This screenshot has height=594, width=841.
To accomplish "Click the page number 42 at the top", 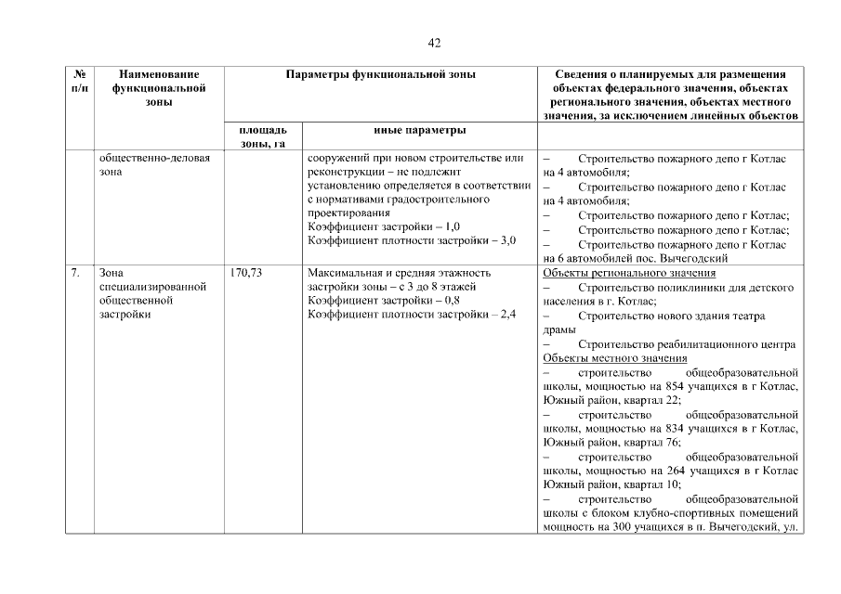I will click(434, 43).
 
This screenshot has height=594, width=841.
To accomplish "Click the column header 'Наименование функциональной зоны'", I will click(158, 87).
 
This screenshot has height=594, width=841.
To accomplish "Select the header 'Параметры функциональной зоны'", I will click(381, 73).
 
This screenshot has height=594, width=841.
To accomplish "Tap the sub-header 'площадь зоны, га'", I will click(250, 136).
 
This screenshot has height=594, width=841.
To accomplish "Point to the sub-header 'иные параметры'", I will click(419, 130).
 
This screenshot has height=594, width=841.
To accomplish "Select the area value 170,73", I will click(245, 274).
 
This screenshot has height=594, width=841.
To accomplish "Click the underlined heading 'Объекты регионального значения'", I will click(628, 274).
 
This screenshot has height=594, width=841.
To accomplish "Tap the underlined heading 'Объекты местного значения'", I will click(613, 358).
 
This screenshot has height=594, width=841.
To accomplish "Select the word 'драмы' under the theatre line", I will click(558, 329).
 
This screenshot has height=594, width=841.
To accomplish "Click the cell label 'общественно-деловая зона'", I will click(154, 165).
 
